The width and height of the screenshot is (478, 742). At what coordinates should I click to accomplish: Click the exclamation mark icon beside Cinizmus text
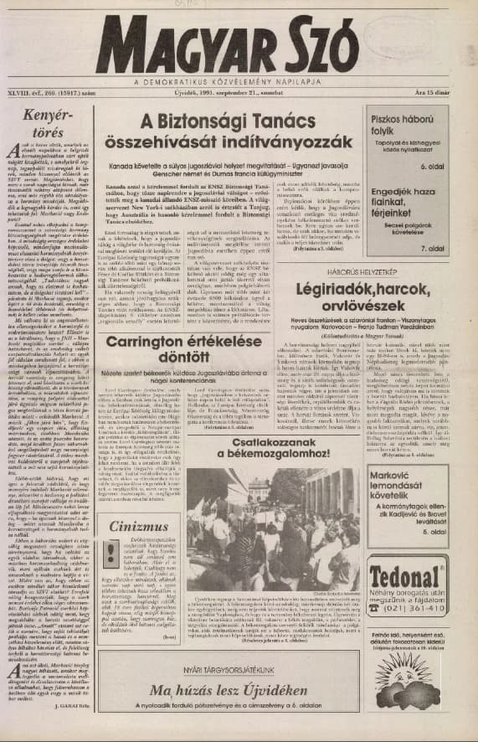(x=111, y=554)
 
